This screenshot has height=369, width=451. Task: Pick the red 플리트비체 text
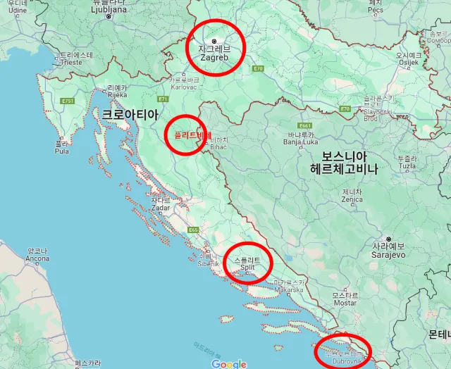188,136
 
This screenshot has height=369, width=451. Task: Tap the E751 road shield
68,101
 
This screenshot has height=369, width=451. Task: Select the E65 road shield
193,230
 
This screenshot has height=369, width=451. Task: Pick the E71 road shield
163,99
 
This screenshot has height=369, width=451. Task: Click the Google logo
228,363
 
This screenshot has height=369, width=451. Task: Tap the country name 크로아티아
130,113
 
